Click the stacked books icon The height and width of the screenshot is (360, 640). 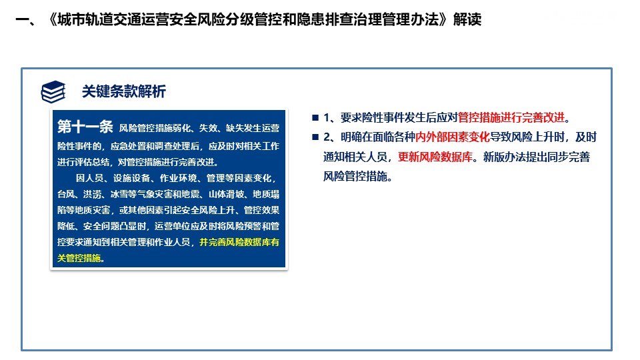pos(53,91)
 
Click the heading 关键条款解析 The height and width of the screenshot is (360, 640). pos(124,91)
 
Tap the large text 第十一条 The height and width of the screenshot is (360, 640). pos(85,127)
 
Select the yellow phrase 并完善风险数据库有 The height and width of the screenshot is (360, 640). pos(239,242)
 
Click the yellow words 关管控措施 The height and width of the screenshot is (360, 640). pos(79,258)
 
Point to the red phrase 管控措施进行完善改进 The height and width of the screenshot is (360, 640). pos(511,117)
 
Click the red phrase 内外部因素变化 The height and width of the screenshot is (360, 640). pos(452,137)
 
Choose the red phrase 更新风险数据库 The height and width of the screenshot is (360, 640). pos(435,157)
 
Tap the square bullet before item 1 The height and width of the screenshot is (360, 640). pos(315,118)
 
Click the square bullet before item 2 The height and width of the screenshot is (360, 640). pos(315,137)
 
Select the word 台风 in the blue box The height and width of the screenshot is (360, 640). pos(66,194)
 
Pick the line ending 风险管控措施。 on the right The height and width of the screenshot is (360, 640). pos(358,176)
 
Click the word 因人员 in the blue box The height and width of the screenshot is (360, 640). pos(89,178)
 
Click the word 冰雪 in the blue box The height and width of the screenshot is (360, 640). pos(119,194)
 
